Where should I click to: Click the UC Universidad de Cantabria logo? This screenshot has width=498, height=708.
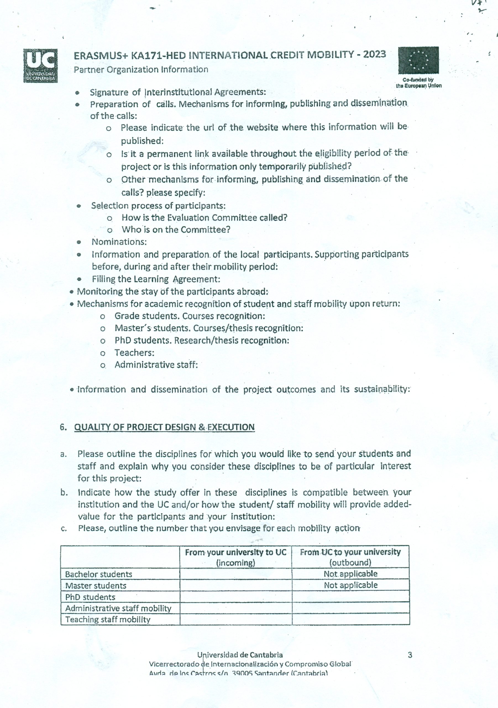[40, 65]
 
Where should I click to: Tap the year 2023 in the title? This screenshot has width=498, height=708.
[374, 54]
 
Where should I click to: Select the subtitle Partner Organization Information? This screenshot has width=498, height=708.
[141, 69]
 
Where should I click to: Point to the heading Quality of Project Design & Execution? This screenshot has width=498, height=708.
[164, 427]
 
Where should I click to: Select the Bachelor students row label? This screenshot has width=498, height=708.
[98, 574]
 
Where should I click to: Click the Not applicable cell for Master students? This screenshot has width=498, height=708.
[350, 585]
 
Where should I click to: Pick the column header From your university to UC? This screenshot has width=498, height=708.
[235, 557]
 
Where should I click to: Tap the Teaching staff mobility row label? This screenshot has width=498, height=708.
[108, 619]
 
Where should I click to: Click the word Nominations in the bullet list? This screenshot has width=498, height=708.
[119, 242]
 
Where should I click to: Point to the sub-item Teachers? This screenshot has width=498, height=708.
[134, 352]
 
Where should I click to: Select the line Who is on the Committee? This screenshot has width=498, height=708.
[176, 230]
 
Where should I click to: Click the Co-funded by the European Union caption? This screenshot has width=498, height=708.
[418, 83]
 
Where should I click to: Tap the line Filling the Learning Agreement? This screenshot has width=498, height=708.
[156, 279]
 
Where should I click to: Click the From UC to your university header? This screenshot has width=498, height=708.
[350, 557]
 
